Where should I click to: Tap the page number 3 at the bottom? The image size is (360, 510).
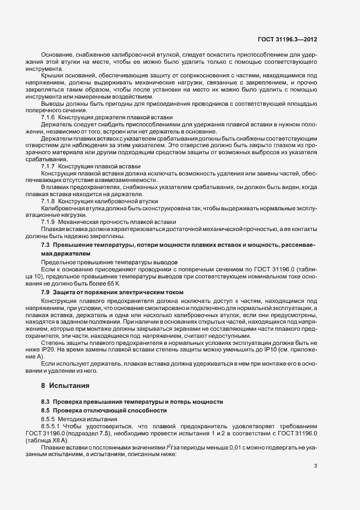(x=316, y=465)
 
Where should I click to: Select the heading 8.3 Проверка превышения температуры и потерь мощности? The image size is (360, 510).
(x=131, y=401)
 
